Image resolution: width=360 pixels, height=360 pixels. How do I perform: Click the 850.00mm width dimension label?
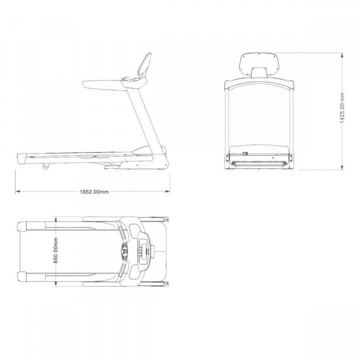click(55, 250)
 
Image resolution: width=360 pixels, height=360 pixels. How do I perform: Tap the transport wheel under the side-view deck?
click(46, 166)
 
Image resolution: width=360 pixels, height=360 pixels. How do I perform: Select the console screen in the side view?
click(145, 65)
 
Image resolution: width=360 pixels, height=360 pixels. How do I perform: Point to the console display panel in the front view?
click(259, 64)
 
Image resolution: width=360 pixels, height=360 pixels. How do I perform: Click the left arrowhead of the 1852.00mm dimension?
click(17, 191)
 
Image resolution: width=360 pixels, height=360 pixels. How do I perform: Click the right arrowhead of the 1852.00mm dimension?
click(167, 191)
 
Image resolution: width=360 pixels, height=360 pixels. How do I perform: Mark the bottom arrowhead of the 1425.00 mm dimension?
click(342, 167)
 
